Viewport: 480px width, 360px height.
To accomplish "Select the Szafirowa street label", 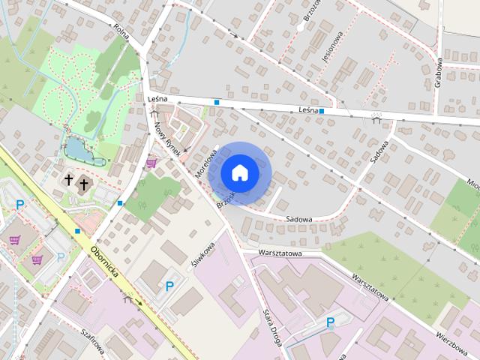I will coord(93,343).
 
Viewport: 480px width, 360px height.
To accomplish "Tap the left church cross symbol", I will coord(68,180).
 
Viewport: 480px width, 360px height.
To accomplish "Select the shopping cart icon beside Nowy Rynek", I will coord(151,162).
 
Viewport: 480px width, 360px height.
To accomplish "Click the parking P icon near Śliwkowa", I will coord(169,286).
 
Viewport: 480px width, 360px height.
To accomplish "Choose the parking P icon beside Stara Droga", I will coord(330,322).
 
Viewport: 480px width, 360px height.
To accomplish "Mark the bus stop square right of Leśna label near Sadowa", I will coord(321,111).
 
